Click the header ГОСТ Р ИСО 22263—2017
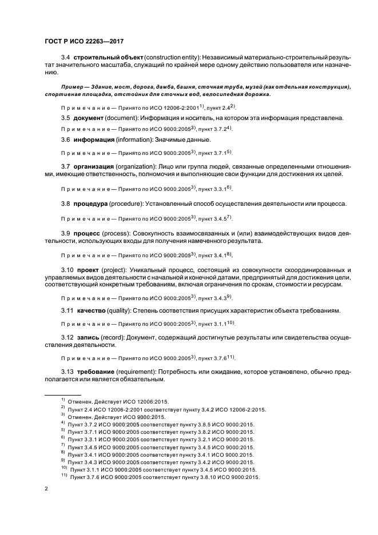coord(84,41)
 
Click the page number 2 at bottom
coord(46,489)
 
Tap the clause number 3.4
coord(66,58)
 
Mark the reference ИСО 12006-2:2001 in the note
coord(162,107)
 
